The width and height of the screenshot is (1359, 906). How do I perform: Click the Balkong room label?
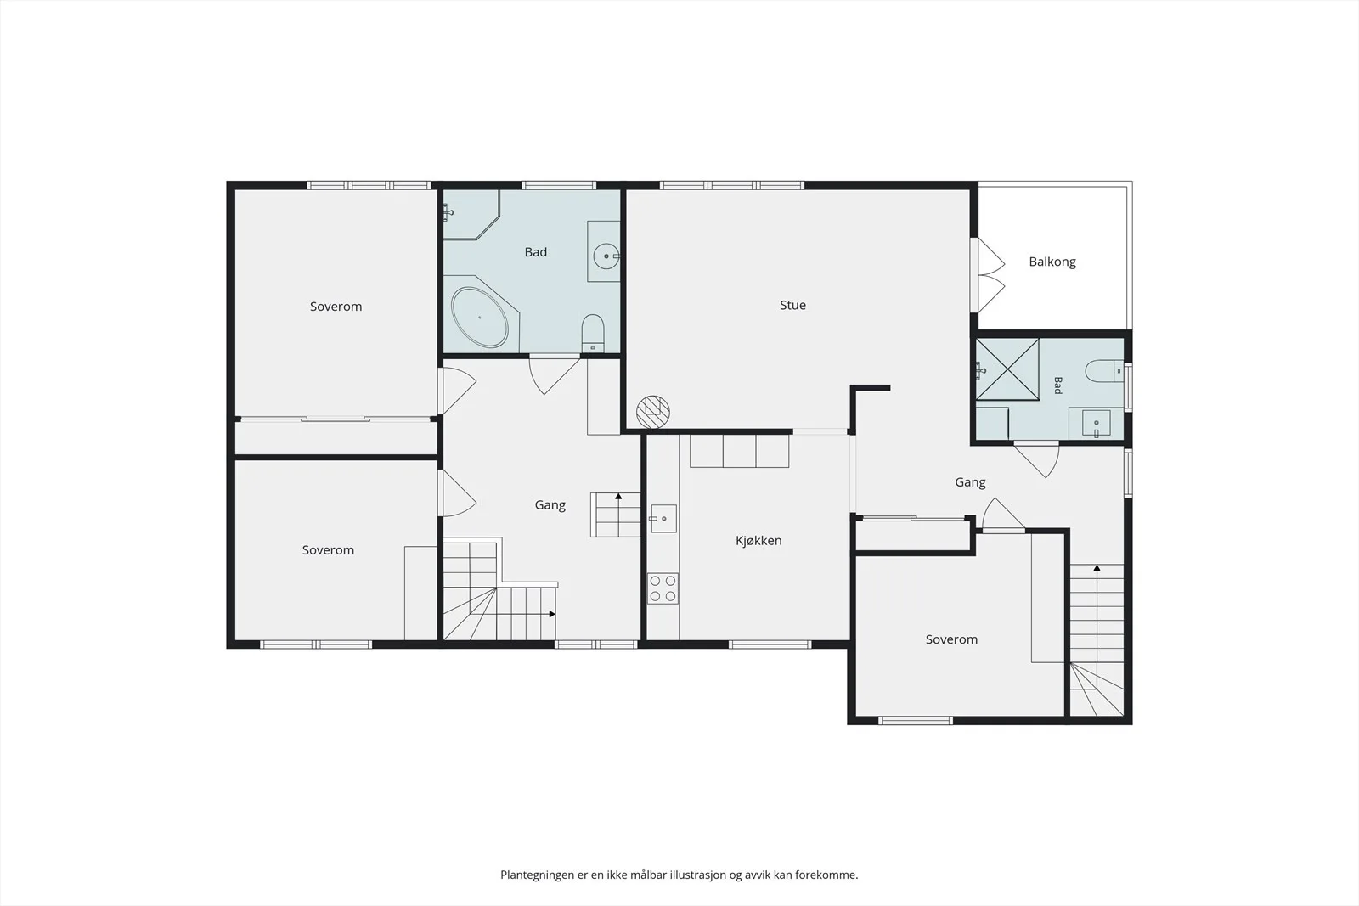tap(1052, 262)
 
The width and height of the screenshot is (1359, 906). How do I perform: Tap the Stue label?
tap(792, 305)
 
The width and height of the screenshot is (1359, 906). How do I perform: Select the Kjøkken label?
tap(758, 540)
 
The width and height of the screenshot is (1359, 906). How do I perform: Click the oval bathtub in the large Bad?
tap(479, 318)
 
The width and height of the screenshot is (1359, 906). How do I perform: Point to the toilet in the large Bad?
tap(593, 333)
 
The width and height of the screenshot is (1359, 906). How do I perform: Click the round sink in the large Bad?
tap(606, 256)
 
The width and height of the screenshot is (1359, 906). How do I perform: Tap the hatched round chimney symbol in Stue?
tap(653, 412)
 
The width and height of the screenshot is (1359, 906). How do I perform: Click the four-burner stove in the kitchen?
tap(663, 588)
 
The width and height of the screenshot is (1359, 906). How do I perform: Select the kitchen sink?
tap(663, 519)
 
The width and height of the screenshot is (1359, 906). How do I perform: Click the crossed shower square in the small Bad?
tap(1007, 369)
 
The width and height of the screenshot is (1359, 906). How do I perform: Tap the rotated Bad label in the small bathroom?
tap(1057, 385)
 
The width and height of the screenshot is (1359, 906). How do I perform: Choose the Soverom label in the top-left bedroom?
tap(336, 307)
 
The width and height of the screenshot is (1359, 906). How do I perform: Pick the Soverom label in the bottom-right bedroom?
tap(951, 639)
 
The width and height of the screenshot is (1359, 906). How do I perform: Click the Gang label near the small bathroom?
tap(970, 482)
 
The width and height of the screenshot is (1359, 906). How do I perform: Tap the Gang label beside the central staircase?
tap(550, 505)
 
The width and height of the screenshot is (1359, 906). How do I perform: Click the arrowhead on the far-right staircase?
tap(1097, 568)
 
